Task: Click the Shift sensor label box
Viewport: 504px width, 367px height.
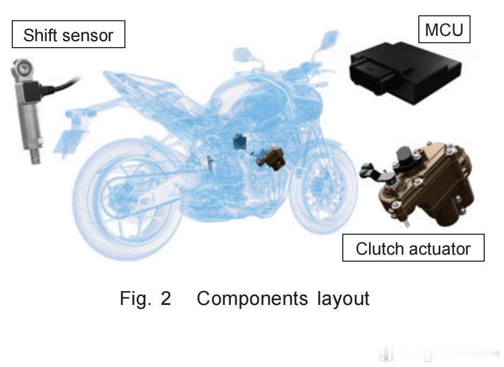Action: point(68,35)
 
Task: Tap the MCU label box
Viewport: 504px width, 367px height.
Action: point(443,29)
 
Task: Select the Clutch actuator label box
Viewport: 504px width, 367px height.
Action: point(412,248)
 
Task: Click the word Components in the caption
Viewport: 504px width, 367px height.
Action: point(252,298)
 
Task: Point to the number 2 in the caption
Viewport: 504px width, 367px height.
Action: point(166,298)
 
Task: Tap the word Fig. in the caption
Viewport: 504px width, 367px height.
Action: point(133,299)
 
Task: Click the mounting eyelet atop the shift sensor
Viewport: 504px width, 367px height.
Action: point(21,68)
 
